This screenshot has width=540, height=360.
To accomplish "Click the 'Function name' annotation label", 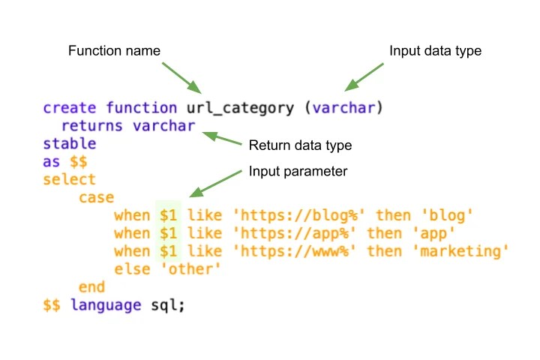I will (x=115, y=51).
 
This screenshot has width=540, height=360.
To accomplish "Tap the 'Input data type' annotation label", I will (x=436, y=51).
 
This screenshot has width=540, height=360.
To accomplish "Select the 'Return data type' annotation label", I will (x=300, y=145).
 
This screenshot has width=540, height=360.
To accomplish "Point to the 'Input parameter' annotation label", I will (x=298, y=172).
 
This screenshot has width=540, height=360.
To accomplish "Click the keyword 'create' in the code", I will (x=70, y=108).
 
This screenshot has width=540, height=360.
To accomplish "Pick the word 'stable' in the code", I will (x=70, y=143).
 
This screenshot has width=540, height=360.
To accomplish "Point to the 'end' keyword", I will (x=91, y=286).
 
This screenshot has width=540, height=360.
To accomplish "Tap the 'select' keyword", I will (x=70, y=179).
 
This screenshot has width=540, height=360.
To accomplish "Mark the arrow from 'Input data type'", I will (x=364, y=76).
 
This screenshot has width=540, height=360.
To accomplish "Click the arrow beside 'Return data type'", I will (x=221, y=139).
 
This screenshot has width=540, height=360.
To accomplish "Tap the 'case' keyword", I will (x=96, y=197).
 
